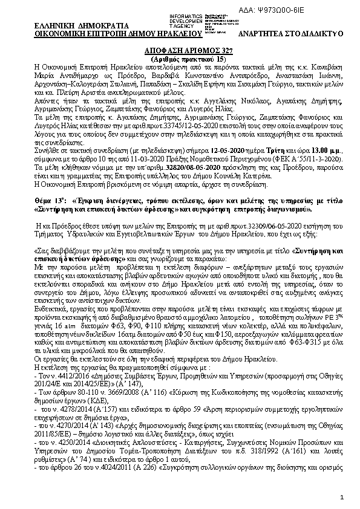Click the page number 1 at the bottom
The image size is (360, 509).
point(342,497)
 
